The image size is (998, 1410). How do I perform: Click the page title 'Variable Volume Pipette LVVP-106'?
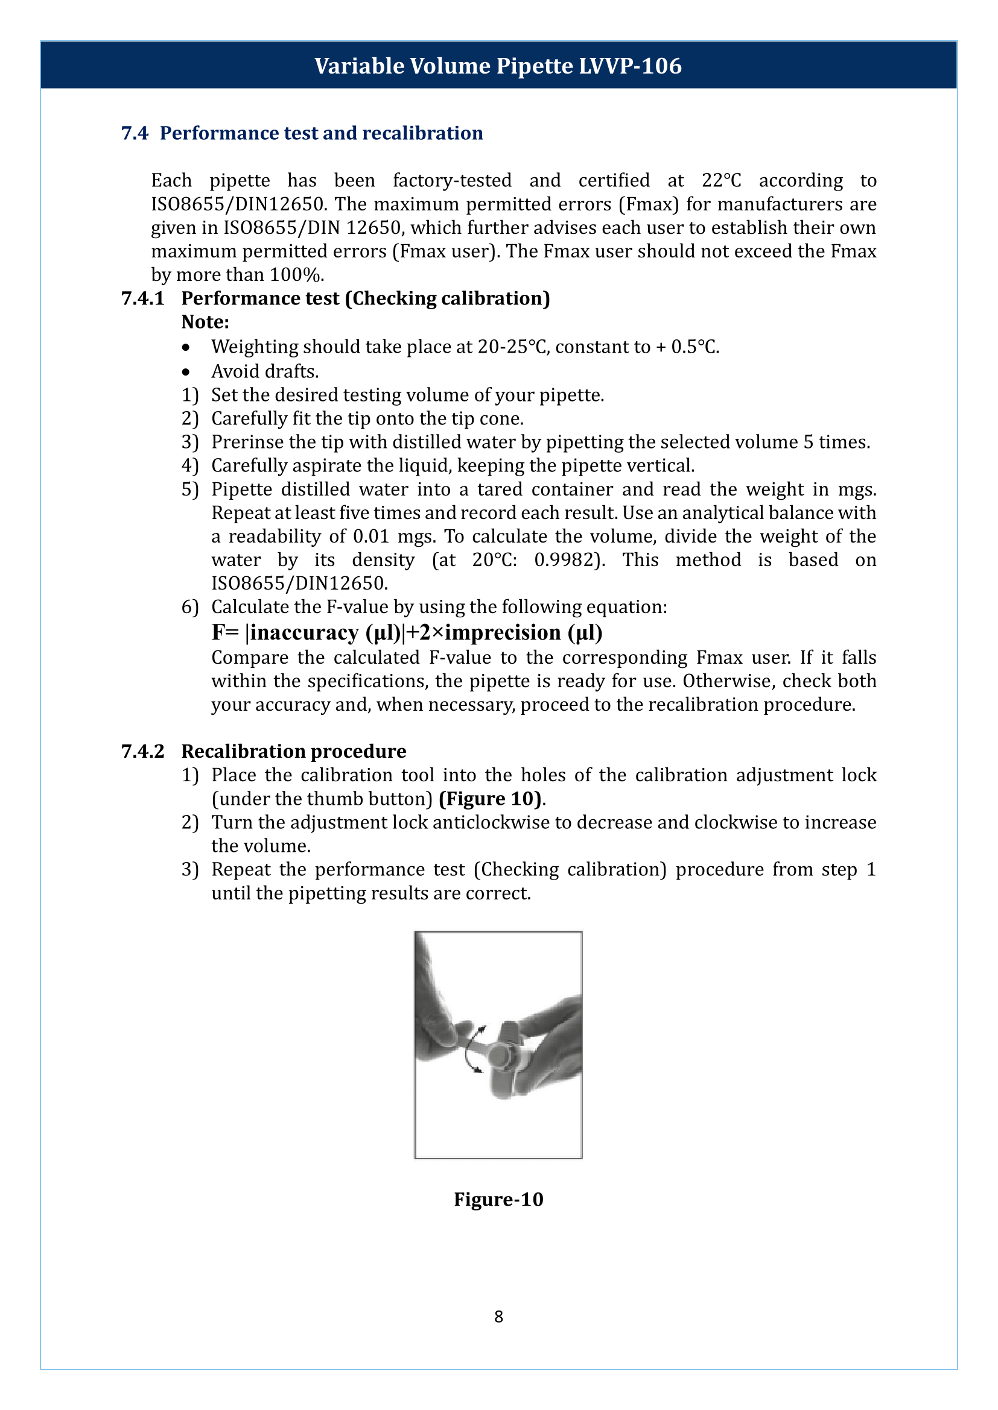click(498, 66)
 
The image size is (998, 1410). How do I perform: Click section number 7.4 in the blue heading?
click(135, 133)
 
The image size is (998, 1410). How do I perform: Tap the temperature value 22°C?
click(722, 181)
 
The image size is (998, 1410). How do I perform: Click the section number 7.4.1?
click(142, 298)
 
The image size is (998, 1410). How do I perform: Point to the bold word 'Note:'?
click(205, 323)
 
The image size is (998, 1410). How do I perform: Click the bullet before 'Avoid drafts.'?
click(186, 372)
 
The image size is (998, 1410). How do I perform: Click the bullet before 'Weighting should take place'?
click(186, 348)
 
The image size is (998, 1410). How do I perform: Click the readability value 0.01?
click(371, 537)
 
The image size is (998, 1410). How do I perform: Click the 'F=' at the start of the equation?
click(225, 632)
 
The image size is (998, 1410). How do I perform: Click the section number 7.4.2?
click(142, 752)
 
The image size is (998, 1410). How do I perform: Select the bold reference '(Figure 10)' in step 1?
click(491, 799)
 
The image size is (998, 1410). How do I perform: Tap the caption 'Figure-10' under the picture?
click(498, 1200)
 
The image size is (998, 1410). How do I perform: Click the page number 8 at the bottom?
click(498, 1317)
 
